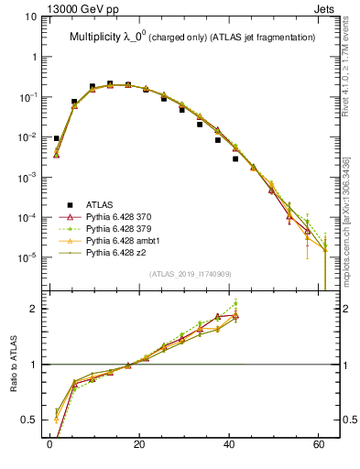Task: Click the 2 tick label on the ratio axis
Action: (35, 309)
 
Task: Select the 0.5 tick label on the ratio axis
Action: (31, 420)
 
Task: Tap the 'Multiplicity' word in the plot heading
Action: (101, 37)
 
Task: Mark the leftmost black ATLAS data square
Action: (56, 138)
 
